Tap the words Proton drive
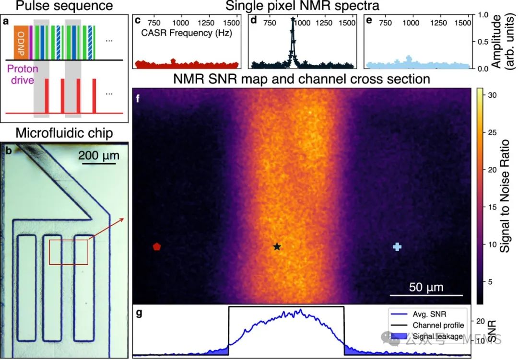click(21, 75)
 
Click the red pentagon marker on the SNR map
click(156, 246)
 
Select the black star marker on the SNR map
click(277, 246)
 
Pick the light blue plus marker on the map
click(397, 246)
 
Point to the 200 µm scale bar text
click(99, 156)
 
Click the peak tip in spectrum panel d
click(293, 20)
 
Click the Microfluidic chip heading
click(64, 133)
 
